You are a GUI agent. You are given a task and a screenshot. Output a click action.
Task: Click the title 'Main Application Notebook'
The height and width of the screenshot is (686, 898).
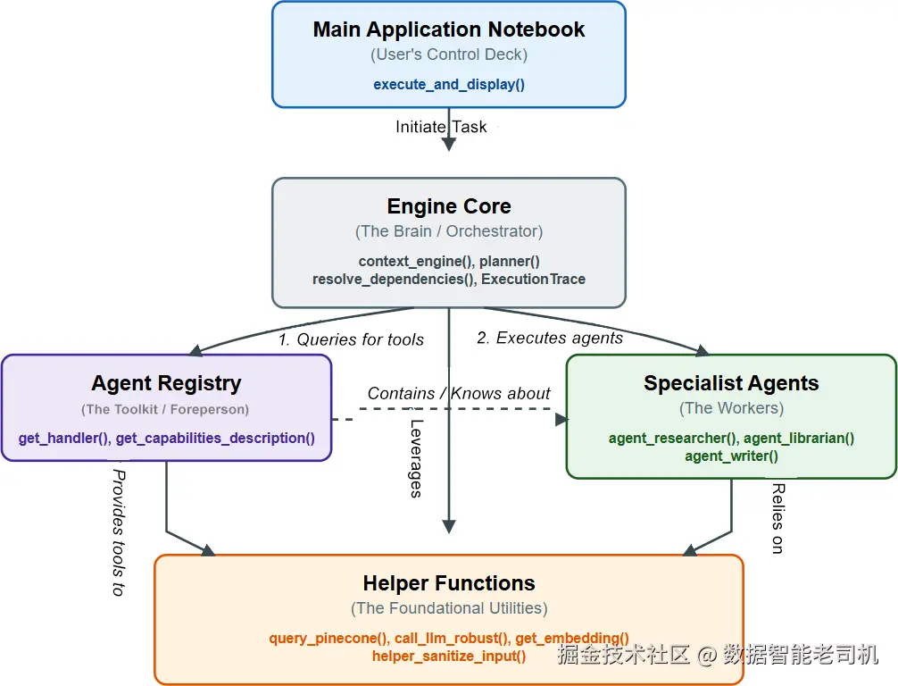[x=449, y=29]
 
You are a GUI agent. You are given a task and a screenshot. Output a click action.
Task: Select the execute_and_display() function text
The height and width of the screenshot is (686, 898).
[x=449, y=84]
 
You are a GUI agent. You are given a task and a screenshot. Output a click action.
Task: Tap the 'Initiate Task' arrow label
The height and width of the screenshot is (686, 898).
[x=441, y=127]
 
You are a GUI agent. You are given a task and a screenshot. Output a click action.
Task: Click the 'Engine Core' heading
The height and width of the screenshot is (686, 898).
[x=449, y=205]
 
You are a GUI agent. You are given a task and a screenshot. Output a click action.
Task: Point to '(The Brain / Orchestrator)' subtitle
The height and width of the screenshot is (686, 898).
[x=449, y=231]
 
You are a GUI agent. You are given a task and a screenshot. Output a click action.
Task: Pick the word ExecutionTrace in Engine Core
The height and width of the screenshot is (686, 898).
[x=533, y=279]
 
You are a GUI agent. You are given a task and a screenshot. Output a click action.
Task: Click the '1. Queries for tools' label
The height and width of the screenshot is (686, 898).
[x=351, y=339]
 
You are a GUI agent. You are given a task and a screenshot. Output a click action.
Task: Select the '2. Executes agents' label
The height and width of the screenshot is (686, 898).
[x=550, y=339]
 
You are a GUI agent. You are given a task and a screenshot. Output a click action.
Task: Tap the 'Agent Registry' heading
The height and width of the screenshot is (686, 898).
[x=166, y=383]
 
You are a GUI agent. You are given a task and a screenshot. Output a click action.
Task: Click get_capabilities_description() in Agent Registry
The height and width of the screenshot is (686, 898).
[x=215, y=438]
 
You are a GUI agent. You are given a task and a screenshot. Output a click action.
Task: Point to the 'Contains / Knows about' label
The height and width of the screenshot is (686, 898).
[x=459, y=393]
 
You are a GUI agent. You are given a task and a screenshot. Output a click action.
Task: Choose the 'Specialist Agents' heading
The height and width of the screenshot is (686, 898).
[x=731, y=383]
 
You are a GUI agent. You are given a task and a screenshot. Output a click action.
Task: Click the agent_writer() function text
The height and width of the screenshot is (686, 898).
[x=731, y=456]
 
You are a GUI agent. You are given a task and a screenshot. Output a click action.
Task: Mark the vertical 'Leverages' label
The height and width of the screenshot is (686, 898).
[x=416, y=458]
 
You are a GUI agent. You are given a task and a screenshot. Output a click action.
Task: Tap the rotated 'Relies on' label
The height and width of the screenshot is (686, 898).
[x=777, y=519]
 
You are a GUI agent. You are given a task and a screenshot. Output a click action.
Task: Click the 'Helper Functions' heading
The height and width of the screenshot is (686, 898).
[x=449, y=583]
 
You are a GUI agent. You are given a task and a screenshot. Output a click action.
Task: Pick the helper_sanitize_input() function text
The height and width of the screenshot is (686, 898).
[x=449, y=657]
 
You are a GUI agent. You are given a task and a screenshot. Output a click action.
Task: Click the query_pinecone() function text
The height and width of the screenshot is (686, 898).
[x=330, y=638]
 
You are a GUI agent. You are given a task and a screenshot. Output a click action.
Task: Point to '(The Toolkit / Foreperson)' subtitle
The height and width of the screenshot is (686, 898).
[x=165, y=409]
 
